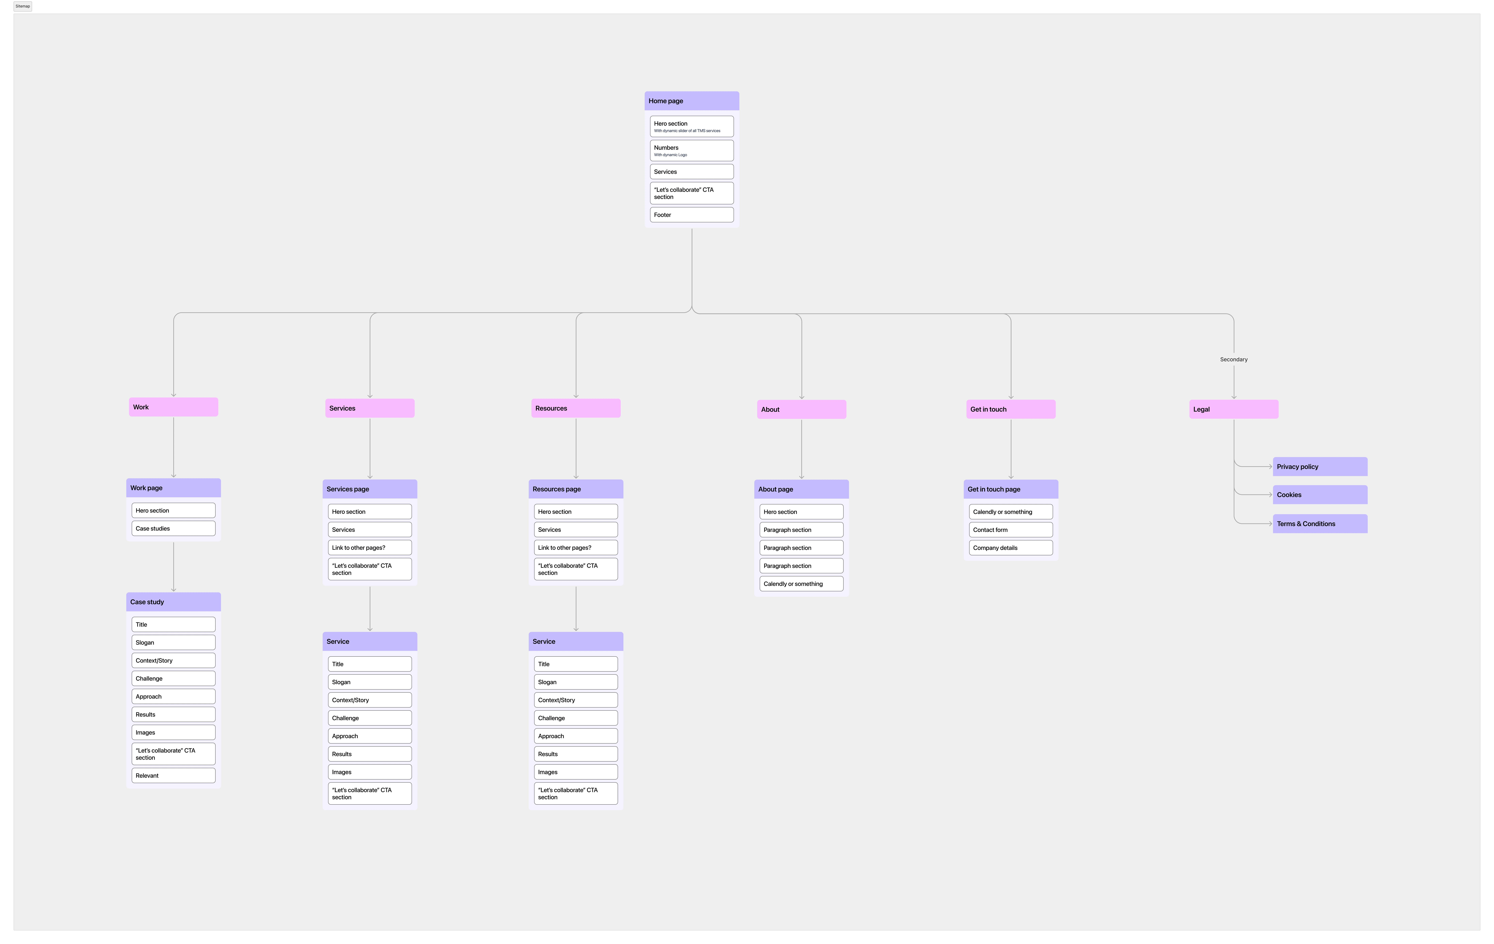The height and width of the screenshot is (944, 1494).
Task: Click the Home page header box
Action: click(691, 100)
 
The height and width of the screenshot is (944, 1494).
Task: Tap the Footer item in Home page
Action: click(691, 215)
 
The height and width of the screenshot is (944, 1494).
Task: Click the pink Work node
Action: click(173, 407)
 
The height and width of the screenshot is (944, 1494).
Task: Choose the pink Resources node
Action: click(575, 408)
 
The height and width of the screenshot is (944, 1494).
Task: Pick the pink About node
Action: click(801, 409)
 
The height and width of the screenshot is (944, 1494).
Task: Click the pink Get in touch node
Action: click(1010, 409)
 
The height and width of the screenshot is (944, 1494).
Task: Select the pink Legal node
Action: click(1233, 409)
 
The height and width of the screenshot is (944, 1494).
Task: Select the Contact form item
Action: click(1010, 530)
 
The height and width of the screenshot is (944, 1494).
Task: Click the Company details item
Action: click(1010, 548)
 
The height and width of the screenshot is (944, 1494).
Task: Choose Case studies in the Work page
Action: click(173, 529)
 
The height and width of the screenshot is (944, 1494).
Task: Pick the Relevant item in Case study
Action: click(173, 775)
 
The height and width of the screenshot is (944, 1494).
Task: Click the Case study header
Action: click(173, 602)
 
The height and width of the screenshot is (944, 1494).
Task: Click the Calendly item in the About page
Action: click(801, 584)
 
